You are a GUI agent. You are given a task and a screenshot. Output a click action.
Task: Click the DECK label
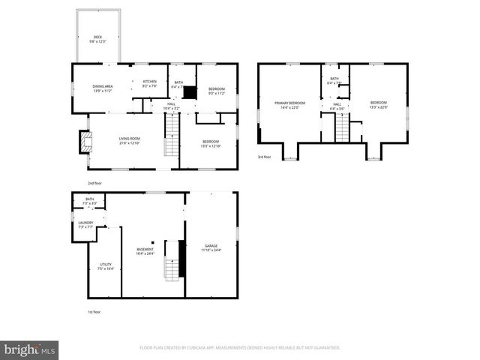(x=97, y=39)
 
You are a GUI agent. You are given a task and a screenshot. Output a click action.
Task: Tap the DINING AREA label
(x=102, y=88)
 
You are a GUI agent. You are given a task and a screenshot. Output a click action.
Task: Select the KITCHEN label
(x=149, y=83)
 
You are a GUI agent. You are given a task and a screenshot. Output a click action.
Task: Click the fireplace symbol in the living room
(x=85, y=141)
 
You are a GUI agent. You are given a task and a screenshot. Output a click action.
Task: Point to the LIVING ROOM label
(x=130, y=140)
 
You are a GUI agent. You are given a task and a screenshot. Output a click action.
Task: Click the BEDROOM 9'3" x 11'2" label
(x=216, y=91)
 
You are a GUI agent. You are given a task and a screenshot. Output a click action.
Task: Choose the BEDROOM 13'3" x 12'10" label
(x=210, y=143)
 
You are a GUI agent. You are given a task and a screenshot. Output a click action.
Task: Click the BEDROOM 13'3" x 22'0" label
(x=379, y=105)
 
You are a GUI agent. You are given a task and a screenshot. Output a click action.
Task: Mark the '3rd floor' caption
(x=262, y=157)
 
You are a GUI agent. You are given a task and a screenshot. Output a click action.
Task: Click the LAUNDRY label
(x=85, y=224)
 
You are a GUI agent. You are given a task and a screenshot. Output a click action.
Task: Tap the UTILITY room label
(x=105, y=266)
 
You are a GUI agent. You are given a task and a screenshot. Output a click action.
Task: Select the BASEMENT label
(x=145, y=251)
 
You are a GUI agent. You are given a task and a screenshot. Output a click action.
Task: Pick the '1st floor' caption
(x=93, y=311)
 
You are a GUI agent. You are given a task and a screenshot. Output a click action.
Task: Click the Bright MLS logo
(x=30, y=349)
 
